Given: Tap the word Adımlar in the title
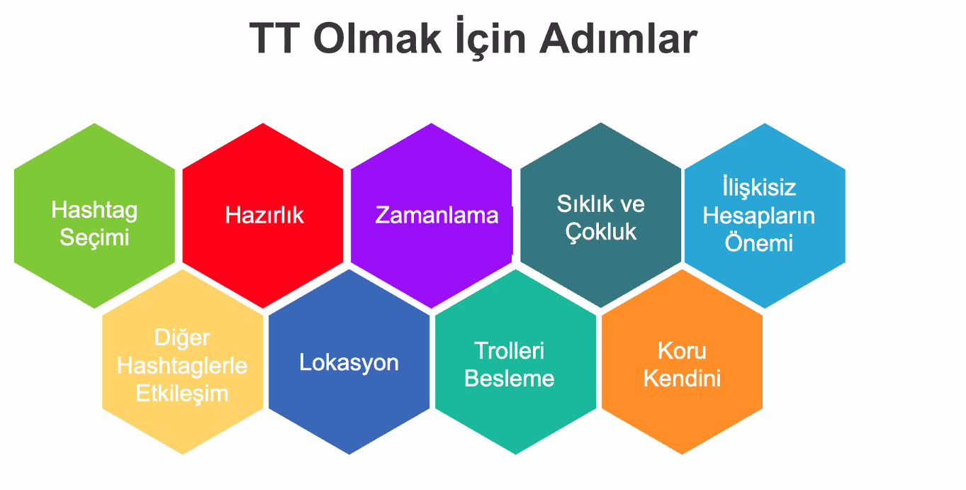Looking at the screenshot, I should [618, 39].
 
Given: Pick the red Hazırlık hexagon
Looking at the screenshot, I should [264, 215].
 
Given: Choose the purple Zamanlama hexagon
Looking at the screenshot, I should [432, 215].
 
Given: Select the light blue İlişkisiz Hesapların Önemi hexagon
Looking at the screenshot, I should [764, 215].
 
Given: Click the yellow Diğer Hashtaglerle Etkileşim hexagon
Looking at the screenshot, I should [182, 365].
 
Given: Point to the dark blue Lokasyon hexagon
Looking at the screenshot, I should [349, 362].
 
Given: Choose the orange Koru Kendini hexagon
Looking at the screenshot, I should [682, 364].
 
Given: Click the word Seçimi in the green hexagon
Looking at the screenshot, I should [94, 237].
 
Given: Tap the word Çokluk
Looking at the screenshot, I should [601, 232].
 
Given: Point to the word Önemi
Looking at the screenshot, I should [758, 243].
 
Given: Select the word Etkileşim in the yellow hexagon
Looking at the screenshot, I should [182, 394].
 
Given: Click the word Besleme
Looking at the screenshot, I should [510, 379].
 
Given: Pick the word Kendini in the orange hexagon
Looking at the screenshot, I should [682, 378].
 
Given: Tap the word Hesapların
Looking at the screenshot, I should [758, 216].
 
